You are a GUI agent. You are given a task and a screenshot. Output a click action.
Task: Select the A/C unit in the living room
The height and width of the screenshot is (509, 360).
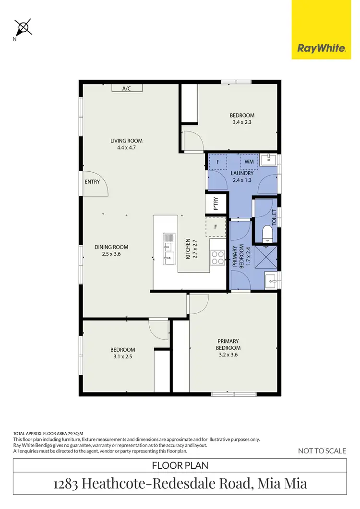127,88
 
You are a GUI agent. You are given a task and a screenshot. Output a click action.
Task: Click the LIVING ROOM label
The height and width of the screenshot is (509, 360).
127,141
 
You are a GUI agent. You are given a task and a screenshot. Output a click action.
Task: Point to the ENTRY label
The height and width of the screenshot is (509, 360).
92,182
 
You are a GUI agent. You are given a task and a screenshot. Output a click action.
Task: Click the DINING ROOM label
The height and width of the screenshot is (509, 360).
111,247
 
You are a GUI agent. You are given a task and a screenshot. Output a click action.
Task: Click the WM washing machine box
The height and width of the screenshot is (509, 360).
249,162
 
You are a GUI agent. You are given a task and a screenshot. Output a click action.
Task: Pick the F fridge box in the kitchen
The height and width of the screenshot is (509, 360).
216,227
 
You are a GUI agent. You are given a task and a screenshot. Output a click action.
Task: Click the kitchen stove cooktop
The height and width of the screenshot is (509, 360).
218,258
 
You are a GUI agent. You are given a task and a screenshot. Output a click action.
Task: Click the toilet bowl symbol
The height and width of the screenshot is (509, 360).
268,234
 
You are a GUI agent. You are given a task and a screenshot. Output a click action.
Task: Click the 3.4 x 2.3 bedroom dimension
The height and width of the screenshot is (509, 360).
241,122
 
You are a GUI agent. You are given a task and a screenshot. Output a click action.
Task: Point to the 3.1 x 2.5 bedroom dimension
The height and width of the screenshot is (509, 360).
122,356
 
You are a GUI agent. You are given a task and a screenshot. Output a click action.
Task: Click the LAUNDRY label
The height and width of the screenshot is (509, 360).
239,173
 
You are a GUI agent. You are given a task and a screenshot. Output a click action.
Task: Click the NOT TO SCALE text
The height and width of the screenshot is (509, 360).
322,450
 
